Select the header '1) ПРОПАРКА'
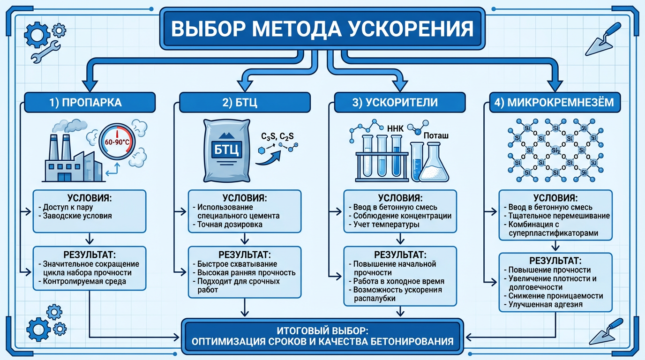point(89,102)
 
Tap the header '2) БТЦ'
point(245,102)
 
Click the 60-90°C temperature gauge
point(117,140)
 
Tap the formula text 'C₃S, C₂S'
point(277,136)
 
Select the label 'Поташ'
point(436,136)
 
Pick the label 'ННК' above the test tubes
point(393,127)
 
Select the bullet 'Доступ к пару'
point(66,207)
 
